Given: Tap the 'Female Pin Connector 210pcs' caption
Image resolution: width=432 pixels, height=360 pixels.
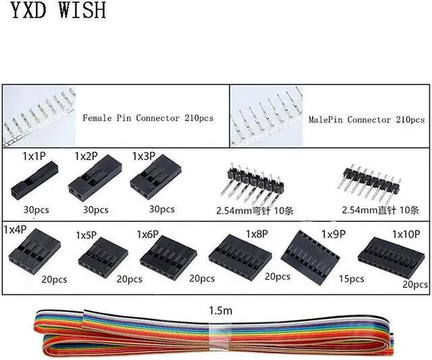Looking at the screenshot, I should point(148,118).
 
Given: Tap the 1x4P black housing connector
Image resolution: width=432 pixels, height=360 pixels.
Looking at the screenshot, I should point(33,253).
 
